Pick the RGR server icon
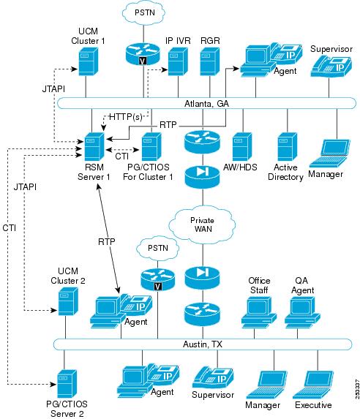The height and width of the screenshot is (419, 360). (210, 63)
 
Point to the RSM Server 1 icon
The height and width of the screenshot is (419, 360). (93, 149)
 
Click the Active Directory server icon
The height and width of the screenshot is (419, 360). (285, 148)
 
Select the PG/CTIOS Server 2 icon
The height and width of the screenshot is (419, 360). (67, 383)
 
